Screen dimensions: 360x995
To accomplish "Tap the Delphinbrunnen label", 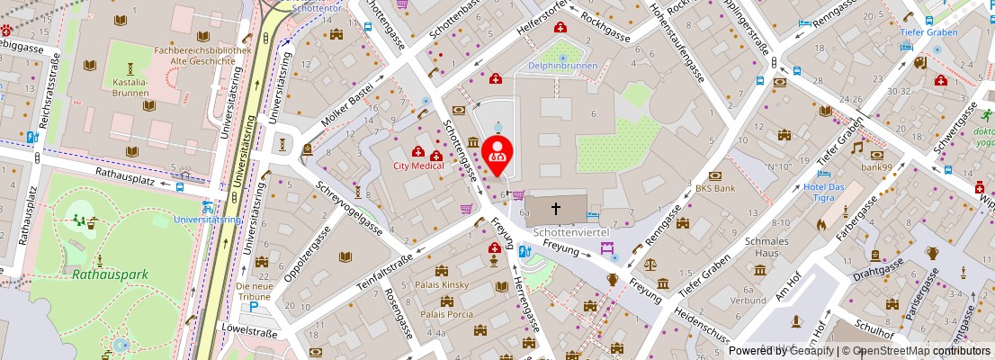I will click(x=562, y=67).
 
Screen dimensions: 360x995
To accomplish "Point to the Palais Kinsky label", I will click(x=443, y=285).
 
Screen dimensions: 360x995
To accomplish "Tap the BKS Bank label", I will click(x=715, y=189).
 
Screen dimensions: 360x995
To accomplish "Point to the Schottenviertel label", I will click(x=572, y=232).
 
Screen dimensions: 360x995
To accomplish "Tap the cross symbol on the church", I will click(x=555, y=209).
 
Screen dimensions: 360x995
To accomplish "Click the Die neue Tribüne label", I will click(x=254, y=292).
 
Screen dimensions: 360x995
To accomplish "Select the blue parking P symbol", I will click(x=255, y=307).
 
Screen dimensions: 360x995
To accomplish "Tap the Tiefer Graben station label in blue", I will click(x=928, y=31).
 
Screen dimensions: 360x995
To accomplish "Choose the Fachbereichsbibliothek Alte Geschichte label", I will click(x=202, y=56).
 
